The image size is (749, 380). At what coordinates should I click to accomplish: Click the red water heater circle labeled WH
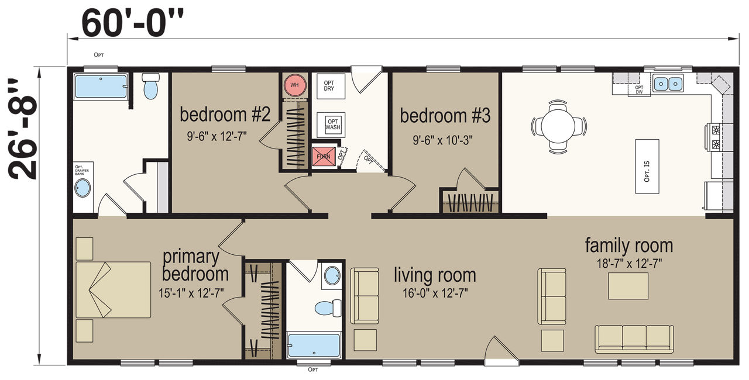pos(294,85)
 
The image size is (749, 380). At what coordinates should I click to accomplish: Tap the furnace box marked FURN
pos(324,156)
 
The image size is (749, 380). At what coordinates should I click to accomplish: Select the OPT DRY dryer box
pos(331,85)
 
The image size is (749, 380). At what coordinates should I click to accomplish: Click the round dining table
pos(558,126)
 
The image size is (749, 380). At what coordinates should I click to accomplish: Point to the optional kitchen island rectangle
pos(647,166)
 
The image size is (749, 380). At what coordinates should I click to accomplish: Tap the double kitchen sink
pos(668,83)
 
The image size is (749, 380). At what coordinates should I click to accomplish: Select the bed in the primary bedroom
pos(113,289)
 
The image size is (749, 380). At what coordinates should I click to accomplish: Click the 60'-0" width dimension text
pos(132,23)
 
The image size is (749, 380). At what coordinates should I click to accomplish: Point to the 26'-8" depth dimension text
pos(22,129)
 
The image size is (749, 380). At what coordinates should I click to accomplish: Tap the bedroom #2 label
pos(225,114)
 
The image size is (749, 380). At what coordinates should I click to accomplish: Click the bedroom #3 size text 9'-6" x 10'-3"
pos(442,140)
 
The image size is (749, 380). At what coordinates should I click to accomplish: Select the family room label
pos(628,246)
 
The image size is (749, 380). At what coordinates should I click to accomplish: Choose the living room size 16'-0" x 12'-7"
pos(435,293)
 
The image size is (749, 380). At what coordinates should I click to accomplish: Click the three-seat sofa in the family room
pos(634,339)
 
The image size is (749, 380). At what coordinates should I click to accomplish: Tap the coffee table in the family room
pos(628,286)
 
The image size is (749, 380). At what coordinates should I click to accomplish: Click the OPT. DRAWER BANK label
pos(82,170)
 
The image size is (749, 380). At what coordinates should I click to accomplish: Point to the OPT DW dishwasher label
pos(639,89)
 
